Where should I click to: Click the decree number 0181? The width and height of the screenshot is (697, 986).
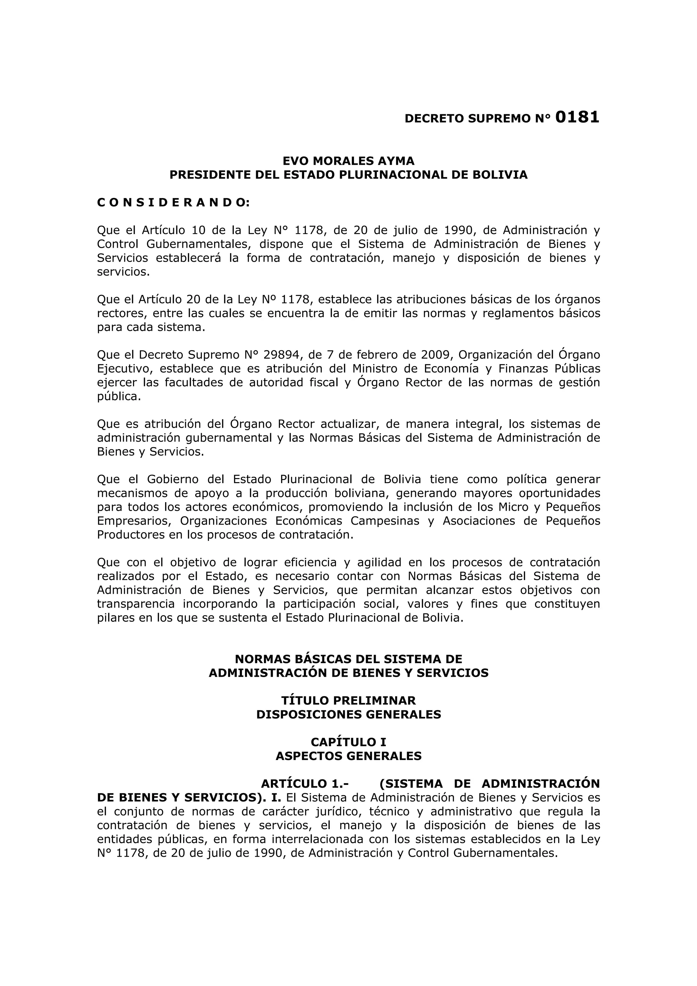pos(577,117)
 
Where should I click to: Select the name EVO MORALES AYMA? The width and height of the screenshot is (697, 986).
pos(348,161)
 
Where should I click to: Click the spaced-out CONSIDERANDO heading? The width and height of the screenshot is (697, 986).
pos(173,203)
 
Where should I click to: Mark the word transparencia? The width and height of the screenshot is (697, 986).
pos(136,604)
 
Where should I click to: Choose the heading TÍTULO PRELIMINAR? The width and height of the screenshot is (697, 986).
pos(348,701)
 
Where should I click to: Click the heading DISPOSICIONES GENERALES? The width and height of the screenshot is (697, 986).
pos(348,714)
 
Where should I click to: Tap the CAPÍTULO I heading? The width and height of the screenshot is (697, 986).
pos(348,742)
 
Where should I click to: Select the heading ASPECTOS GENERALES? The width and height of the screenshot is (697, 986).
pos(348,756)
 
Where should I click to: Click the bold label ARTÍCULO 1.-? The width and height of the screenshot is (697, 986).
pos(305,784)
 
